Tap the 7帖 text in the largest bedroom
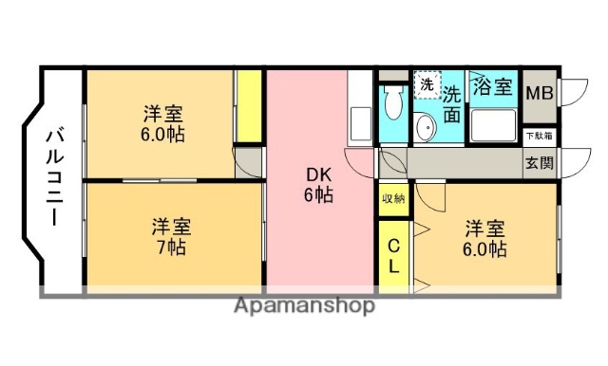[x=172, y=247]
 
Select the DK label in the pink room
[x=318, y=175]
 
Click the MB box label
[x=539, y=92]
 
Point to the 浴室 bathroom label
[x=493, y=86]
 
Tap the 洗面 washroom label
[x=452, y=103]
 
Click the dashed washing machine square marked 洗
[x=427, y=84]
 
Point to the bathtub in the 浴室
[x=492, y=124]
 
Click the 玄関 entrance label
[x=539, y=162]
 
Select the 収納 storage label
[x=392, y=198]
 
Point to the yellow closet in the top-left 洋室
[x=249, y=105]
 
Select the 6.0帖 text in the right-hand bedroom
[x=484, y=249]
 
